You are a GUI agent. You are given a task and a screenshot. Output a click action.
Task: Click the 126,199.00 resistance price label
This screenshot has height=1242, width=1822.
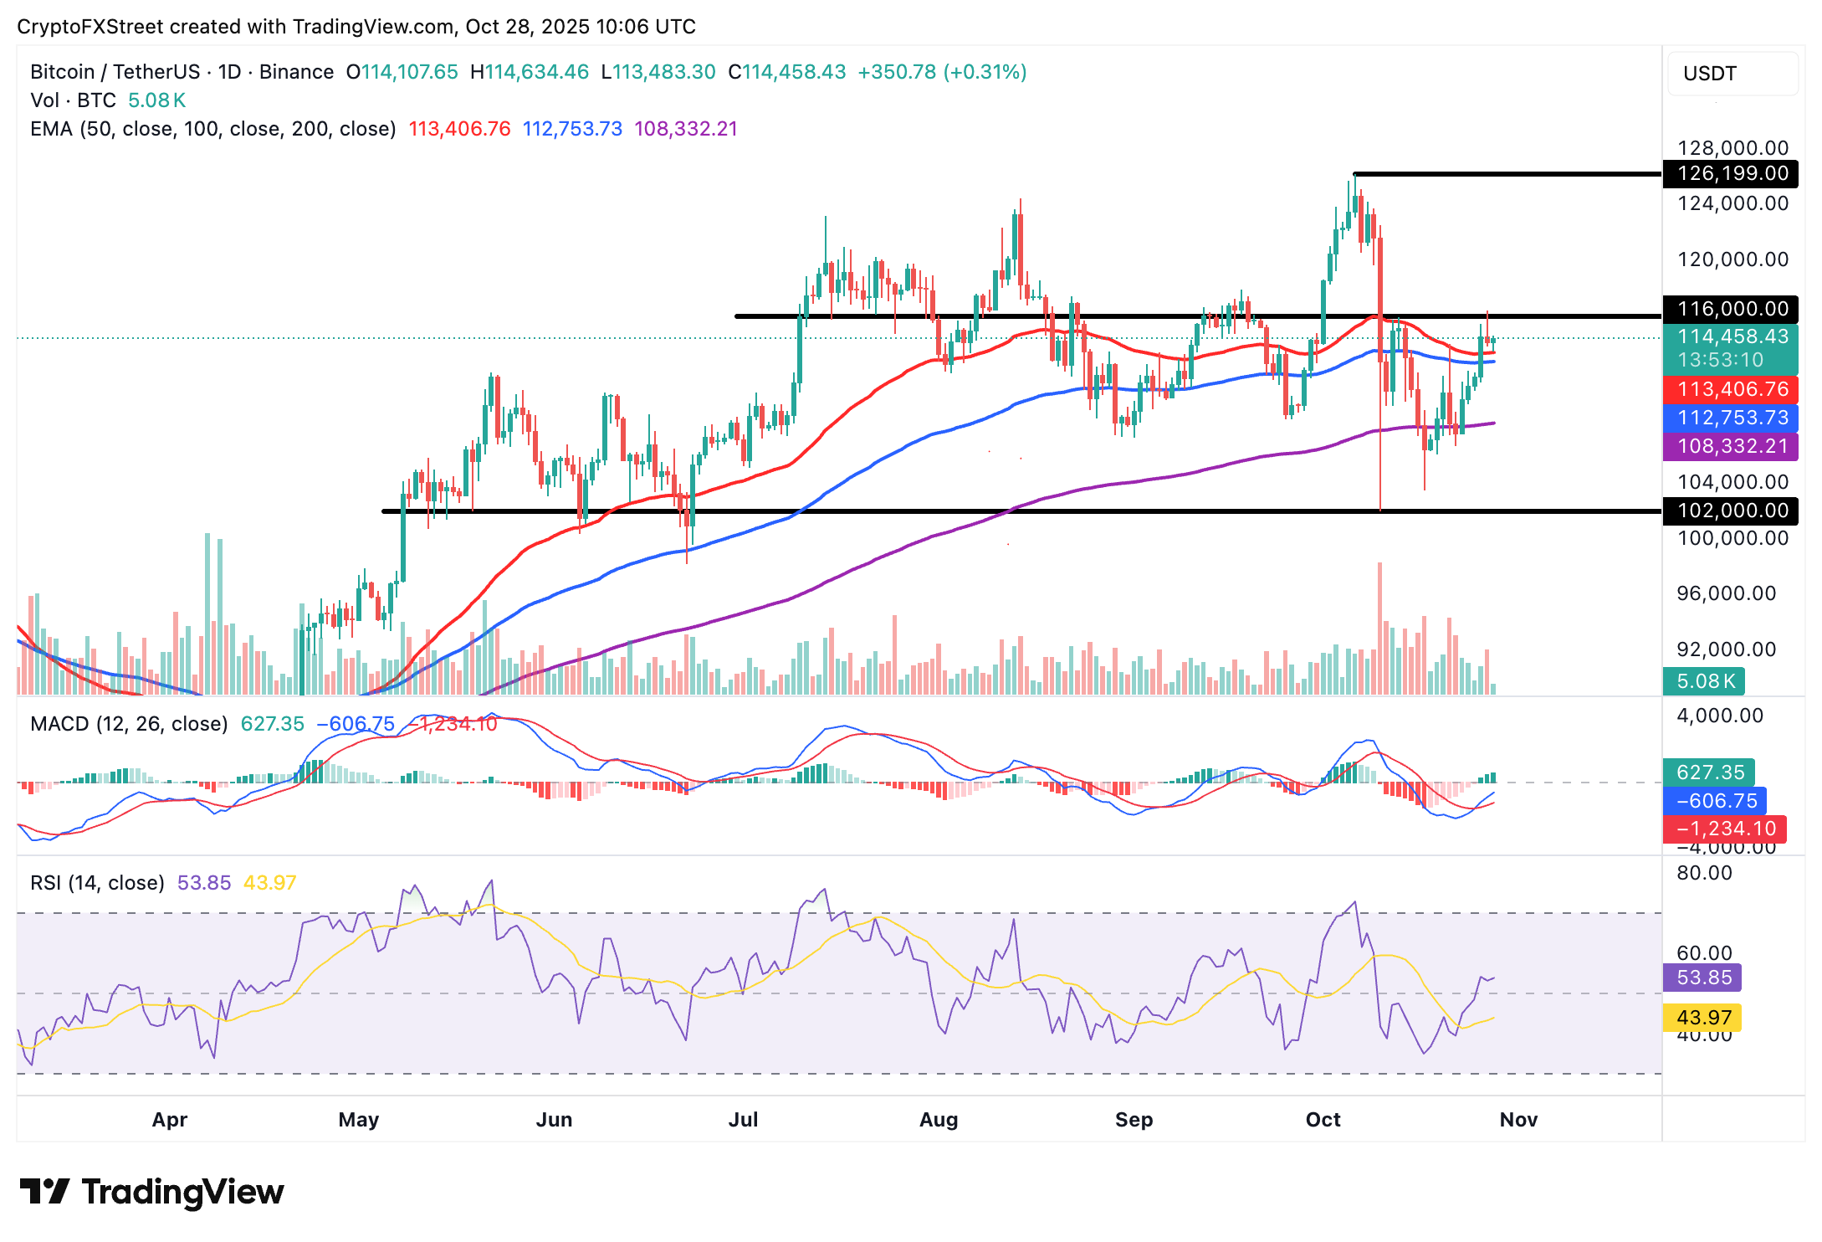tap(1732, 173)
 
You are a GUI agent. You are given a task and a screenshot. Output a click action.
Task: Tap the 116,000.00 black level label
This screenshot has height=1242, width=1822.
tap(1732, 309)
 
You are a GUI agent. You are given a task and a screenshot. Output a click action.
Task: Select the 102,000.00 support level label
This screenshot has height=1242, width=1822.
tap(1732, 511)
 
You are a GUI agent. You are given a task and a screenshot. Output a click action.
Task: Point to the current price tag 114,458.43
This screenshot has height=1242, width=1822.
tap(1732, 336)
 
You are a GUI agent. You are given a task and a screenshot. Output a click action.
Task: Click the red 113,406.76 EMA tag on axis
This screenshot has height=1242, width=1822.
tap(1732, 389)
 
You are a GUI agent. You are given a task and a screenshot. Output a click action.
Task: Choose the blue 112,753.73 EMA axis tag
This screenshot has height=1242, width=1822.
tap(1732, 418)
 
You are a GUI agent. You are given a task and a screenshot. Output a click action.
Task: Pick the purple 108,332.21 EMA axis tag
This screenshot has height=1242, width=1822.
tap(1732, 446)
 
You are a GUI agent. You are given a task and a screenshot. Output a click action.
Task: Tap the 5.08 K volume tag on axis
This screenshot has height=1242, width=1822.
tap(1705, 681)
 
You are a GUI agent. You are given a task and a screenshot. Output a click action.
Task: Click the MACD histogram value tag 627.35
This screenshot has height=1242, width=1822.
tap(1710, 772)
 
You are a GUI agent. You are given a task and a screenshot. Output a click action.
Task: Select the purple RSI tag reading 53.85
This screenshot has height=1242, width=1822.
tap(1703, 978)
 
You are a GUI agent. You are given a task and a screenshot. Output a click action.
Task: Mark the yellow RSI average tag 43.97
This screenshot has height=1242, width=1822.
tap(1703, 1018)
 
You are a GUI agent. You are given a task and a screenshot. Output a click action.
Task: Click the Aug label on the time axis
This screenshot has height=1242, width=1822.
tap(939, 1120)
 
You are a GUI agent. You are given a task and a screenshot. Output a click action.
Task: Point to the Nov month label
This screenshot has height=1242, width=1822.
tap(1518, 1120)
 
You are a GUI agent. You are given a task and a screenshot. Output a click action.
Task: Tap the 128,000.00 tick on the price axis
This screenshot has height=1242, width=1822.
tap(1732, 148)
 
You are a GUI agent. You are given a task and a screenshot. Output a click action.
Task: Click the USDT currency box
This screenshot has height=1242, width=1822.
tap(1732, 74)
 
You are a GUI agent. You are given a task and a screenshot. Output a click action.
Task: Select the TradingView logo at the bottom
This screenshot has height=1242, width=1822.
tap(151, 1192)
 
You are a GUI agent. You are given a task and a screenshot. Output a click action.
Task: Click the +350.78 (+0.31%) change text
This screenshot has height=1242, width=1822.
tap(942, 72)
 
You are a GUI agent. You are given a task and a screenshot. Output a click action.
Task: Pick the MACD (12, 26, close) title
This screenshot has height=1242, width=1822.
tap(129, 724)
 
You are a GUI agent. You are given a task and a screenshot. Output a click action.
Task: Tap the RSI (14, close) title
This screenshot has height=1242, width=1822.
tap(97, 883)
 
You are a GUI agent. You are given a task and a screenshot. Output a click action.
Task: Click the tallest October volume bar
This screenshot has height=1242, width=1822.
tap(1379, 628)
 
